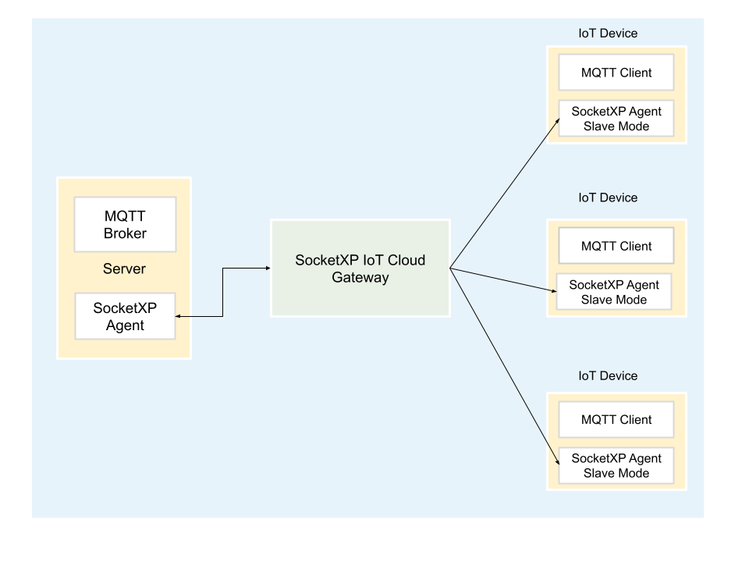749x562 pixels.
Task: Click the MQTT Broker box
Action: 125,224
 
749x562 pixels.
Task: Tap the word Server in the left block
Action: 124,269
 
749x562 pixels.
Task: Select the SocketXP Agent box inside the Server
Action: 125,316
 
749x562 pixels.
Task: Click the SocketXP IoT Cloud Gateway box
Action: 360,268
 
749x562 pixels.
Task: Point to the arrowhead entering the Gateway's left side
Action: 267,269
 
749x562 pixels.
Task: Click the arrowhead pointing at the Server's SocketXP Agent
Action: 179,316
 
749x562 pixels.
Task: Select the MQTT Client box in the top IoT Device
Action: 616,73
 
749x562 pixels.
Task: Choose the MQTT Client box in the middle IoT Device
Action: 616,246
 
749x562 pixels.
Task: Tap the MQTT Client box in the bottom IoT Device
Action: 616,419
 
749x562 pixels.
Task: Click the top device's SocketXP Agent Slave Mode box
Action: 616,119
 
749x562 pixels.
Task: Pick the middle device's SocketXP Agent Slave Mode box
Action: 614,292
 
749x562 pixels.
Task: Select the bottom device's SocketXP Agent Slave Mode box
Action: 616,465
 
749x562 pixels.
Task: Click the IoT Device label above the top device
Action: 608,34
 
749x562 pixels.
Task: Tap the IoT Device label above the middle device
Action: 608,197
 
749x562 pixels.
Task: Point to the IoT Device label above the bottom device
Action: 608,375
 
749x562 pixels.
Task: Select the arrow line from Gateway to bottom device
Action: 506,366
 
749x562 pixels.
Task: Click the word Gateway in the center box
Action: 360,277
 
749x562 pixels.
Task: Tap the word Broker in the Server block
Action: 125,233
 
